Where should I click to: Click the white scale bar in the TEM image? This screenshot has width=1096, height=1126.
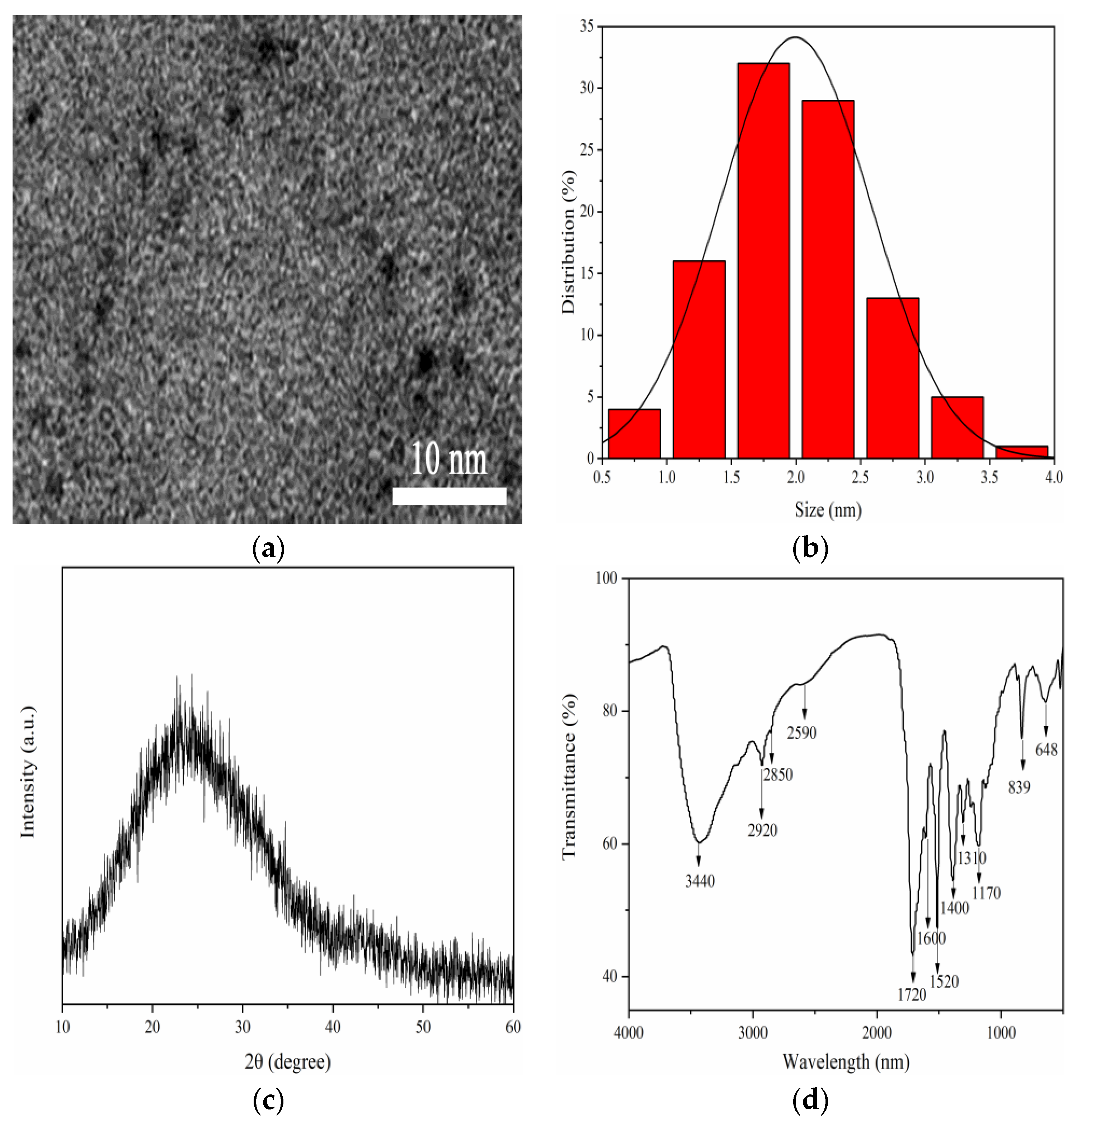point(449,496)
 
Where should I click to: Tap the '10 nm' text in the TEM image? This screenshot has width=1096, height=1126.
point(449,459)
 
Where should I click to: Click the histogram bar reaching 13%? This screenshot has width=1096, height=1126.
point(892,378)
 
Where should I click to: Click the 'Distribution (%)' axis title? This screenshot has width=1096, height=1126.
point(568,242)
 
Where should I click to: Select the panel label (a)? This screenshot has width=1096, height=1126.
point(268,549)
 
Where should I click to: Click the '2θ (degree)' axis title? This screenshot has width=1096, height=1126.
point(288,1061)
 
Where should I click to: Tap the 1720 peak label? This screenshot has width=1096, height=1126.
point(912,995)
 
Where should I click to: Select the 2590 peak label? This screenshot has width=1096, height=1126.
point(802,733)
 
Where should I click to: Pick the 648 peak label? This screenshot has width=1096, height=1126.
point(1046,750)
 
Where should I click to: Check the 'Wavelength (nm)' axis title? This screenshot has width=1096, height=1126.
point(846,1061)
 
